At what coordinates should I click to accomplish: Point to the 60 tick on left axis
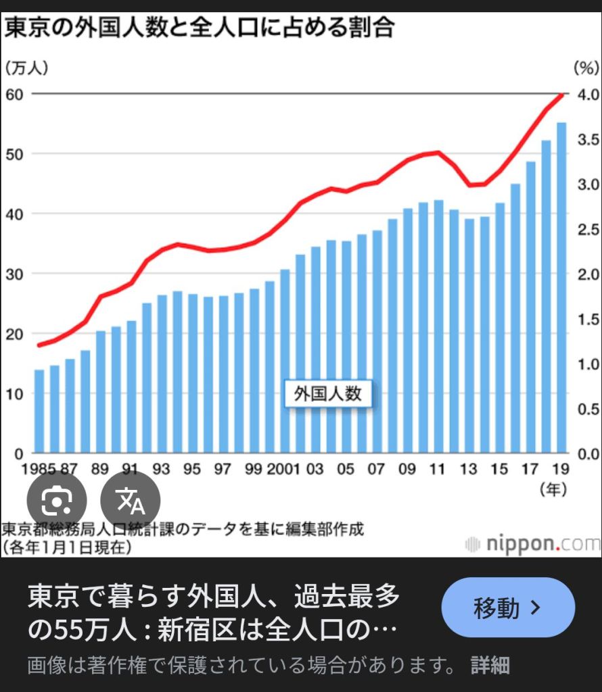pos(14,94)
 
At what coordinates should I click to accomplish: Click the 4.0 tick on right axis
pos(586,94)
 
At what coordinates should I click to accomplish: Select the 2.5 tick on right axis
pos(586,229)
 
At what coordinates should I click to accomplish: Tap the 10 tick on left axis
pos(14,394)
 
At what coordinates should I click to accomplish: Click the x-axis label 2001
pos(282,469)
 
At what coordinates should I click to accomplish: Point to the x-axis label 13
pos(469,469)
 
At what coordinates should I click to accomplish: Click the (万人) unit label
pos(27,68)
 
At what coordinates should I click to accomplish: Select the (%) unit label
pos(586,68)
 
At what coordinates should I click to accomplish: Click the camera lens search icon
pos(57,500)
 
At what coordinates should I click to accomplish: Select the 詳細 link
pos(490,665)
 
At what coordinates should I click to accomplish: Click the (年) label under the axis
pos(553,489)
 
